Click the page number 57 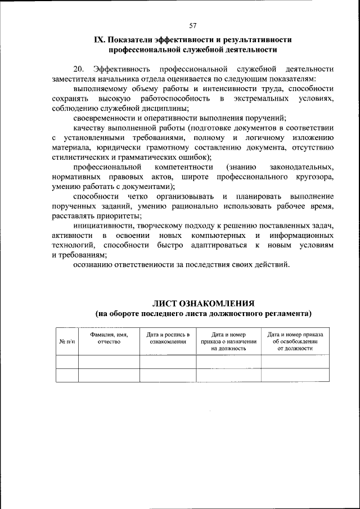193,26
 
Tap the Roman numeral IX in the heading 99,40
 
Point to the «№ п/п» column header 66,341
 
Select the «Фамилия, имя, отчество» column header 109,338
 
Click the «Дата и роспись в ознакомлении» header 168,338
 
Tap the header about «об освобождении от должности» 295,341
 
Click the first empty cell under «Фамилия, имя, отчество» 109,362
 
